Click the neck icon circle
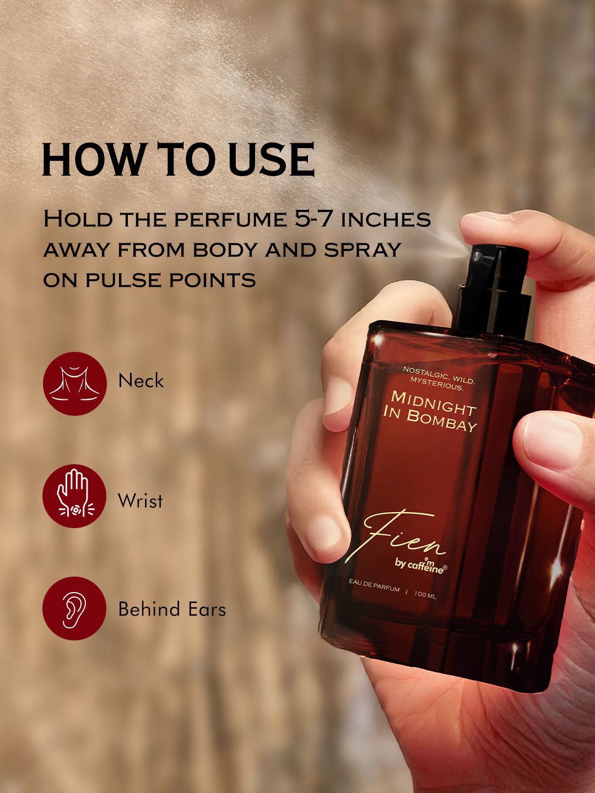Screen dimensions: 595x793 [75, 383]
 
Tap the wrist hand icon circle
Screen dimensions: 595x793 [74, 496]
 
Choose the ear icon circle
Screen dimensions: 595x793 [74, 609]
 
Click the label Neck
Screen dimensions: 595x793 [141, 381]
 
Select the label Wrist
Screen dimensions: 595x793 [140, 501]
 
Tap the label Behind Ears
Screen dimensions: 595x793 [172, 609]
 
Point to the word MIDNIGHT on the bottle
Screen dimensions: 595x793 [434, 403]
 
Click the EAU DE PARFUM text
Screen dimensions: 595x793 [374, 586]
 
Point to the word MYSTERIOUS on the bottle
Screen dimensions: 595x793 [436, 384]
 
